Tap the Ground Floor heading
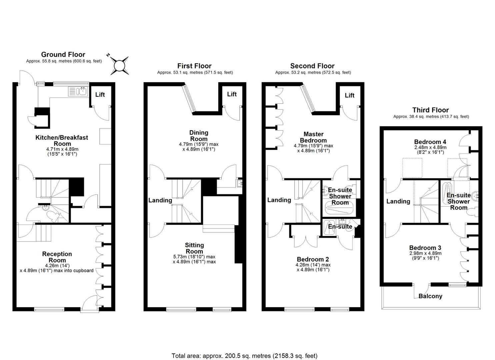tap(63, 54)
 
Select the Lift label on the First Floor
tap(232, 94)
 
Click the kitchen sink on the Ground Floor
tap(78, 91)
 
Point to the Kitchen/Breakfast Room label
tap(62, 140)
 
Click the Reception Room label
tap(57, 257)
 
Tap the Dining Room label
tap(199, 136)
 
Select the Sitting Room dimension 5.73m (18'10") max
tap(194, 257)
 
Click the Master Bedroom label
tap(313, 137)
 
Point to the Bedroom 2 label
tap(313, 259)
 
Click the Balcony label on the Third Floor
tap(430, 296)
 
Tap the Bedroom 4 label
tap(430, 142)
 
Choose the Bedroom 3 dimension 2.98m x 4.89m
tap(425, 253)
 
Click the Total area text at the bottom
tap(244, 356)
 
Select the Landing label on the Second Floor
tap(279, 200)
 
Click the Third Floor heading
tap(430, 110)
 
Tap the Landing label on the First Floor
tap(160, 200)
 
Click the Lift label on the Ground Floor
tap(100, 95)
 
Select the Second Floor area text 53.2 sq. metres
tap(313, 72)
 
